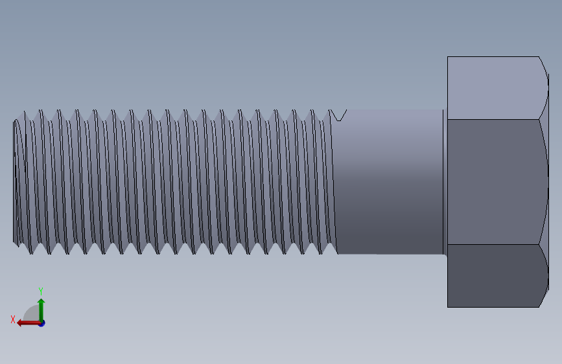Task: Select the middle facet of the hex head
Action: (496, 181)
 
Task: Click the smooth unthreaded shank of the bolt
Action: (389, 181)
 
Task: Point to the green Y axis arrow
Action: (41, 307)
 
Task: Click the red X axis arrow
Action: (26, 323)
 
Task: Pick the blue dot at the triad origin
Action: (41, 323)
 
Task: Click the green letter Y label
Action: (41, 291)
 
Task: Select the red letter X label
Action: (13, 319)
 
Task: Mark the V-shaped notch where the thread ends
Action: (338, 116)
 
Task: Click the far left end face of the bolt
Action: (15, 181)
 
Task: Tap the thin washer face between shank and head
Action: (445, 181)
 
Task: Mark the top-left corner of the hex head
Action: (448, 58)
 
